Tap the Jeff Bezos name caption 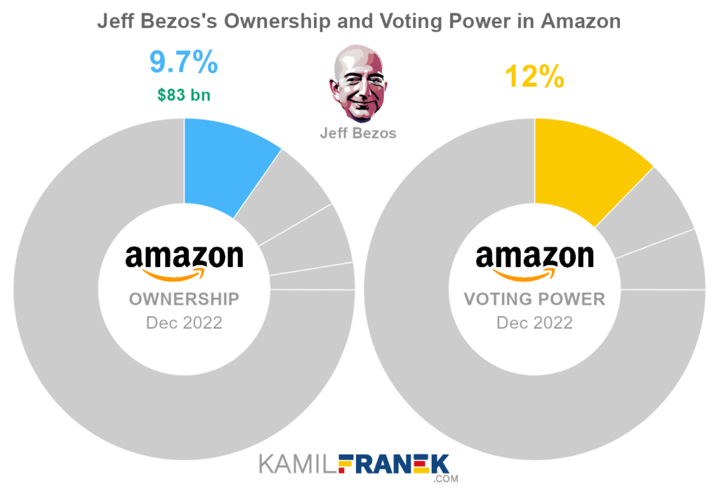358,133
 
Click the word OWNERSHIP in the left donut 184,299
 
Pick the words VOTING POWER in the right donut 534,299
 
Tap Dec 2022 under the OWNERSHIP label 184,323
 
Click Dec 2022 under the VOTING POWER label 534,323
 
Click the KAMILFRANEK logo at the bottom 358,464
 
